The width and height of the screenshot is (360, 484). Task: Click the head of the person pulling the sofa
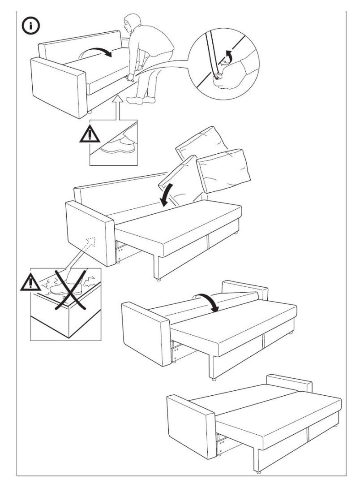(133, 24)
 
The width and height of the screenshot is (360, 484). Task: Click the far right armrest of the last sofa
(291, 382)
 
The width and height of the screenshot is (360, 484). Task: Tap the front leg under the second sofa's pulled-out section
(158, 278)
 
